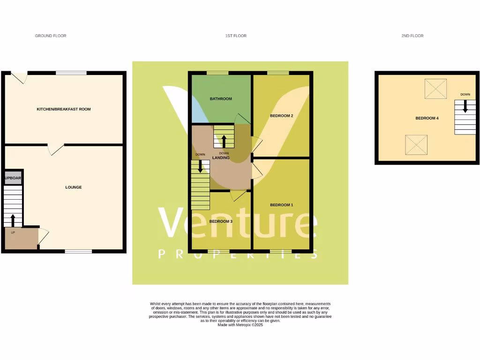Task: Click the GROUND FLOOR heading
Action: [51, 36]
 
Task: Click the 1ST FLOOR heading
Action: [236, 36]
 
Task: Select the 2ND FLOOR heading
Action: [412, 36]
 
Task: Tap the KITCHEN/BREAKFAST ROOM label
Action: [64, 109]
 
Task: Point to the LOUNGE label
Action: [74, 187]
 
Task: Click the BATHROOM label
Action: [221, 99]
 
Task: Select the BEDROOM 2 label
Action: [282, 116]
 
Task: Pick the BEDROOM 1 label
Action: [282, 205]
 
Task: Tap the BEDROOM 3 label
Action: [221, 222]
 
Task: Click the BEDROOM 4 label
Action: [427, 118]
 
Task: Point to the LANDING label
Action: [221, 158]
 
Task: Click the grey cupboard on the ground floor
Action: [14, 178]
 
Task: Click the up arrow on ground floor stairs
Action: [13, 220]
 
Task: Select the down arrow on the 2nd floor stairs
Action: [465, 106]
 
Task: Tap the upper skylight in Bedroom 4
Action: [435, 89]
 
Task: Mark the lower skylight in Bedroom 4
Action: [416, 145]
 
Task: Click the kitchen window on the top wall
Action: [71, 73]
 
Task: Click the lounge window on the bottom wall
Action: [78, 252]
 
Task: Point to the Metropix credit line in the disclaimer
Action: [240, 325]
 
